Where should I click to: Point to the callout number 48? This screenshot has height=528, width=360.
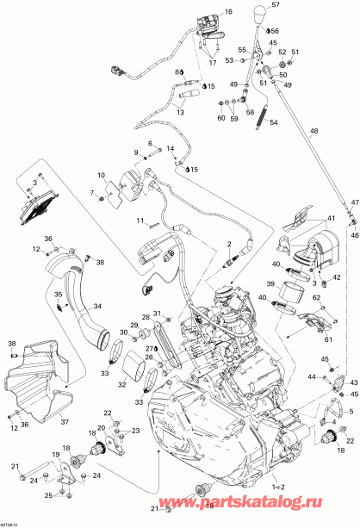tap(313, 131)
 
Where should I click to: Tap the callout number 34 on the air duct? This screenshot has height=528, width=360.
tap(96, 305)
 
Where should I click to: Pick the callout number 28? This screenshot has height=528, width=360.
tap(146, 319)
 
